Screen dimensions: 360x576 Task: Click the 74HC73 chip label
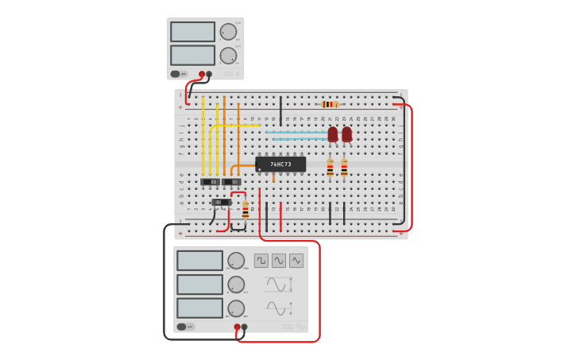(280, 165)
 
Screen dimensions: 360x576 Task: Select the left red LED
(333, 134)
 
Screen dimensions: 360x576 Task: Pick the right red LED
(346, 134)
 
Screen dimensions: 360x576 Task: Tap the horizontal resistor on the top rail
(330, 104)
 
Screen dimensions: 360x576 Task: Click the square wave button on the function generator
(261, 261)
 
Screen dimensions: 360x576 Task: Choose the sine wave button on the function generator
(279, 261)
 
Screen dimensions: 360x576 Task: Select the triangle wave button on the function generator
(296, 261)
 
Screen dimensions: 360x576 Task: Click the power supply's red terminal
(202, 74)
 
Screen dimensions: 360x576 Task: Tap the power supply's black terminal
(209, 74)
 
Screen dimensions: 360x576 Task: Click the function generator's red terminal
(237, 327)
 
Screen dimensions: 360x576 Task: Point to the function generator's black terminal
(244, 327)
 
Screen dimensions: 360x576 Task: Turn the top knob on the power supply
(228, 32)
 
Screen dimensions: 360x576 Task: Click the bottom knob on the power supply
(228, 56)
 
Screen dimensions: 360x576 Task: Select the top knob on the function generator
(236, 261)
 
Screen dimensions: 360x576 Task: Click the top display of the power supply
(192, 32)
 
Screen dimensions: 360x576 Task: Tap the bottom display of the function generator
(199, 308)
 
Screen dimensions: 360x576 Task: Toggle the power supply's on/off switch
(176, 74)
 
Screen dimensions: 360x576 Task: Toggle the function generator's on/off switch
(182, 327)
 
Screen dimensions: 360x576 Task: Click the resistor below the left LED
(331, 168)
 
